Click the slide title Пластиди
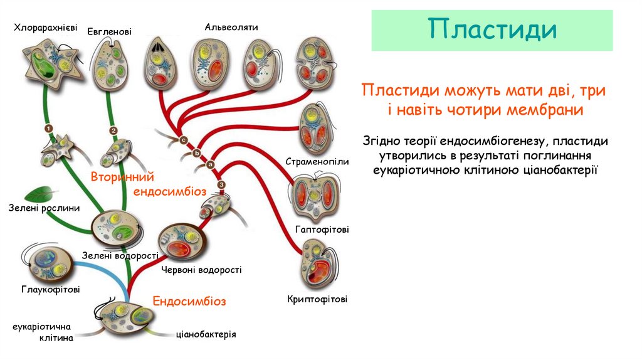pos(492,29)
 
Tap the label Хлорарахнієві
pos(46,28)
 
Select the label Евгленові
pos(109,31)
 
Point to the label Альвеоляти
pos(231,27)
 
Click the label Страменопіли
pos(317,162)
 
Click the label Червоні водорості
pos(201,270)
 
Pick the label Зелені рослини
pos(45,208)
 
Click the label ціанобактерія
pos(206,334)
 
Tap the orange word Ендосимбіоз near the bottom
pos(189,301)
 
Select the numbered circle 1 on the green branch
pos(48,128)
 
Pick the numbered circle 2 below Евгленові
pos(113,131)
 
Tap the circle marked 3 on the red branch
pos(221,184)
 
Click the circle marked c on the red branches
pos(184,139)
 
